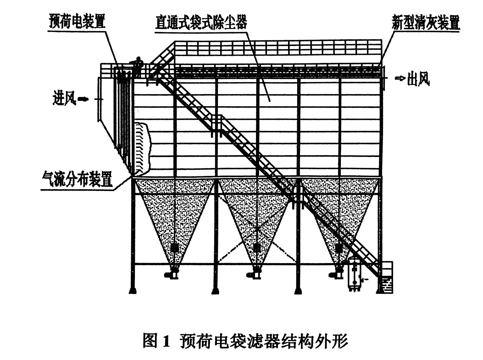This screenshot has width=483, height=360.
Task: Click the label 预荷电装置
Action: tap(77, 21)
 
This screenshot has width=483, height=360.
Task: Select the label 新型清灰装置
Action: tap(425, 23)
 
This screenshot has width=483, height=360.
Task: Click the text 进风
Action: tap(64, 99)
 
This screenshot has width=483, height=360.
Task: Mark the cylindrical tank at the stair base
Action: tap(355, 274)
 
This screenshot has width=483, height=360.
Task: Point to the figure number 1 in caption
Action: tap(166, 341)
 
